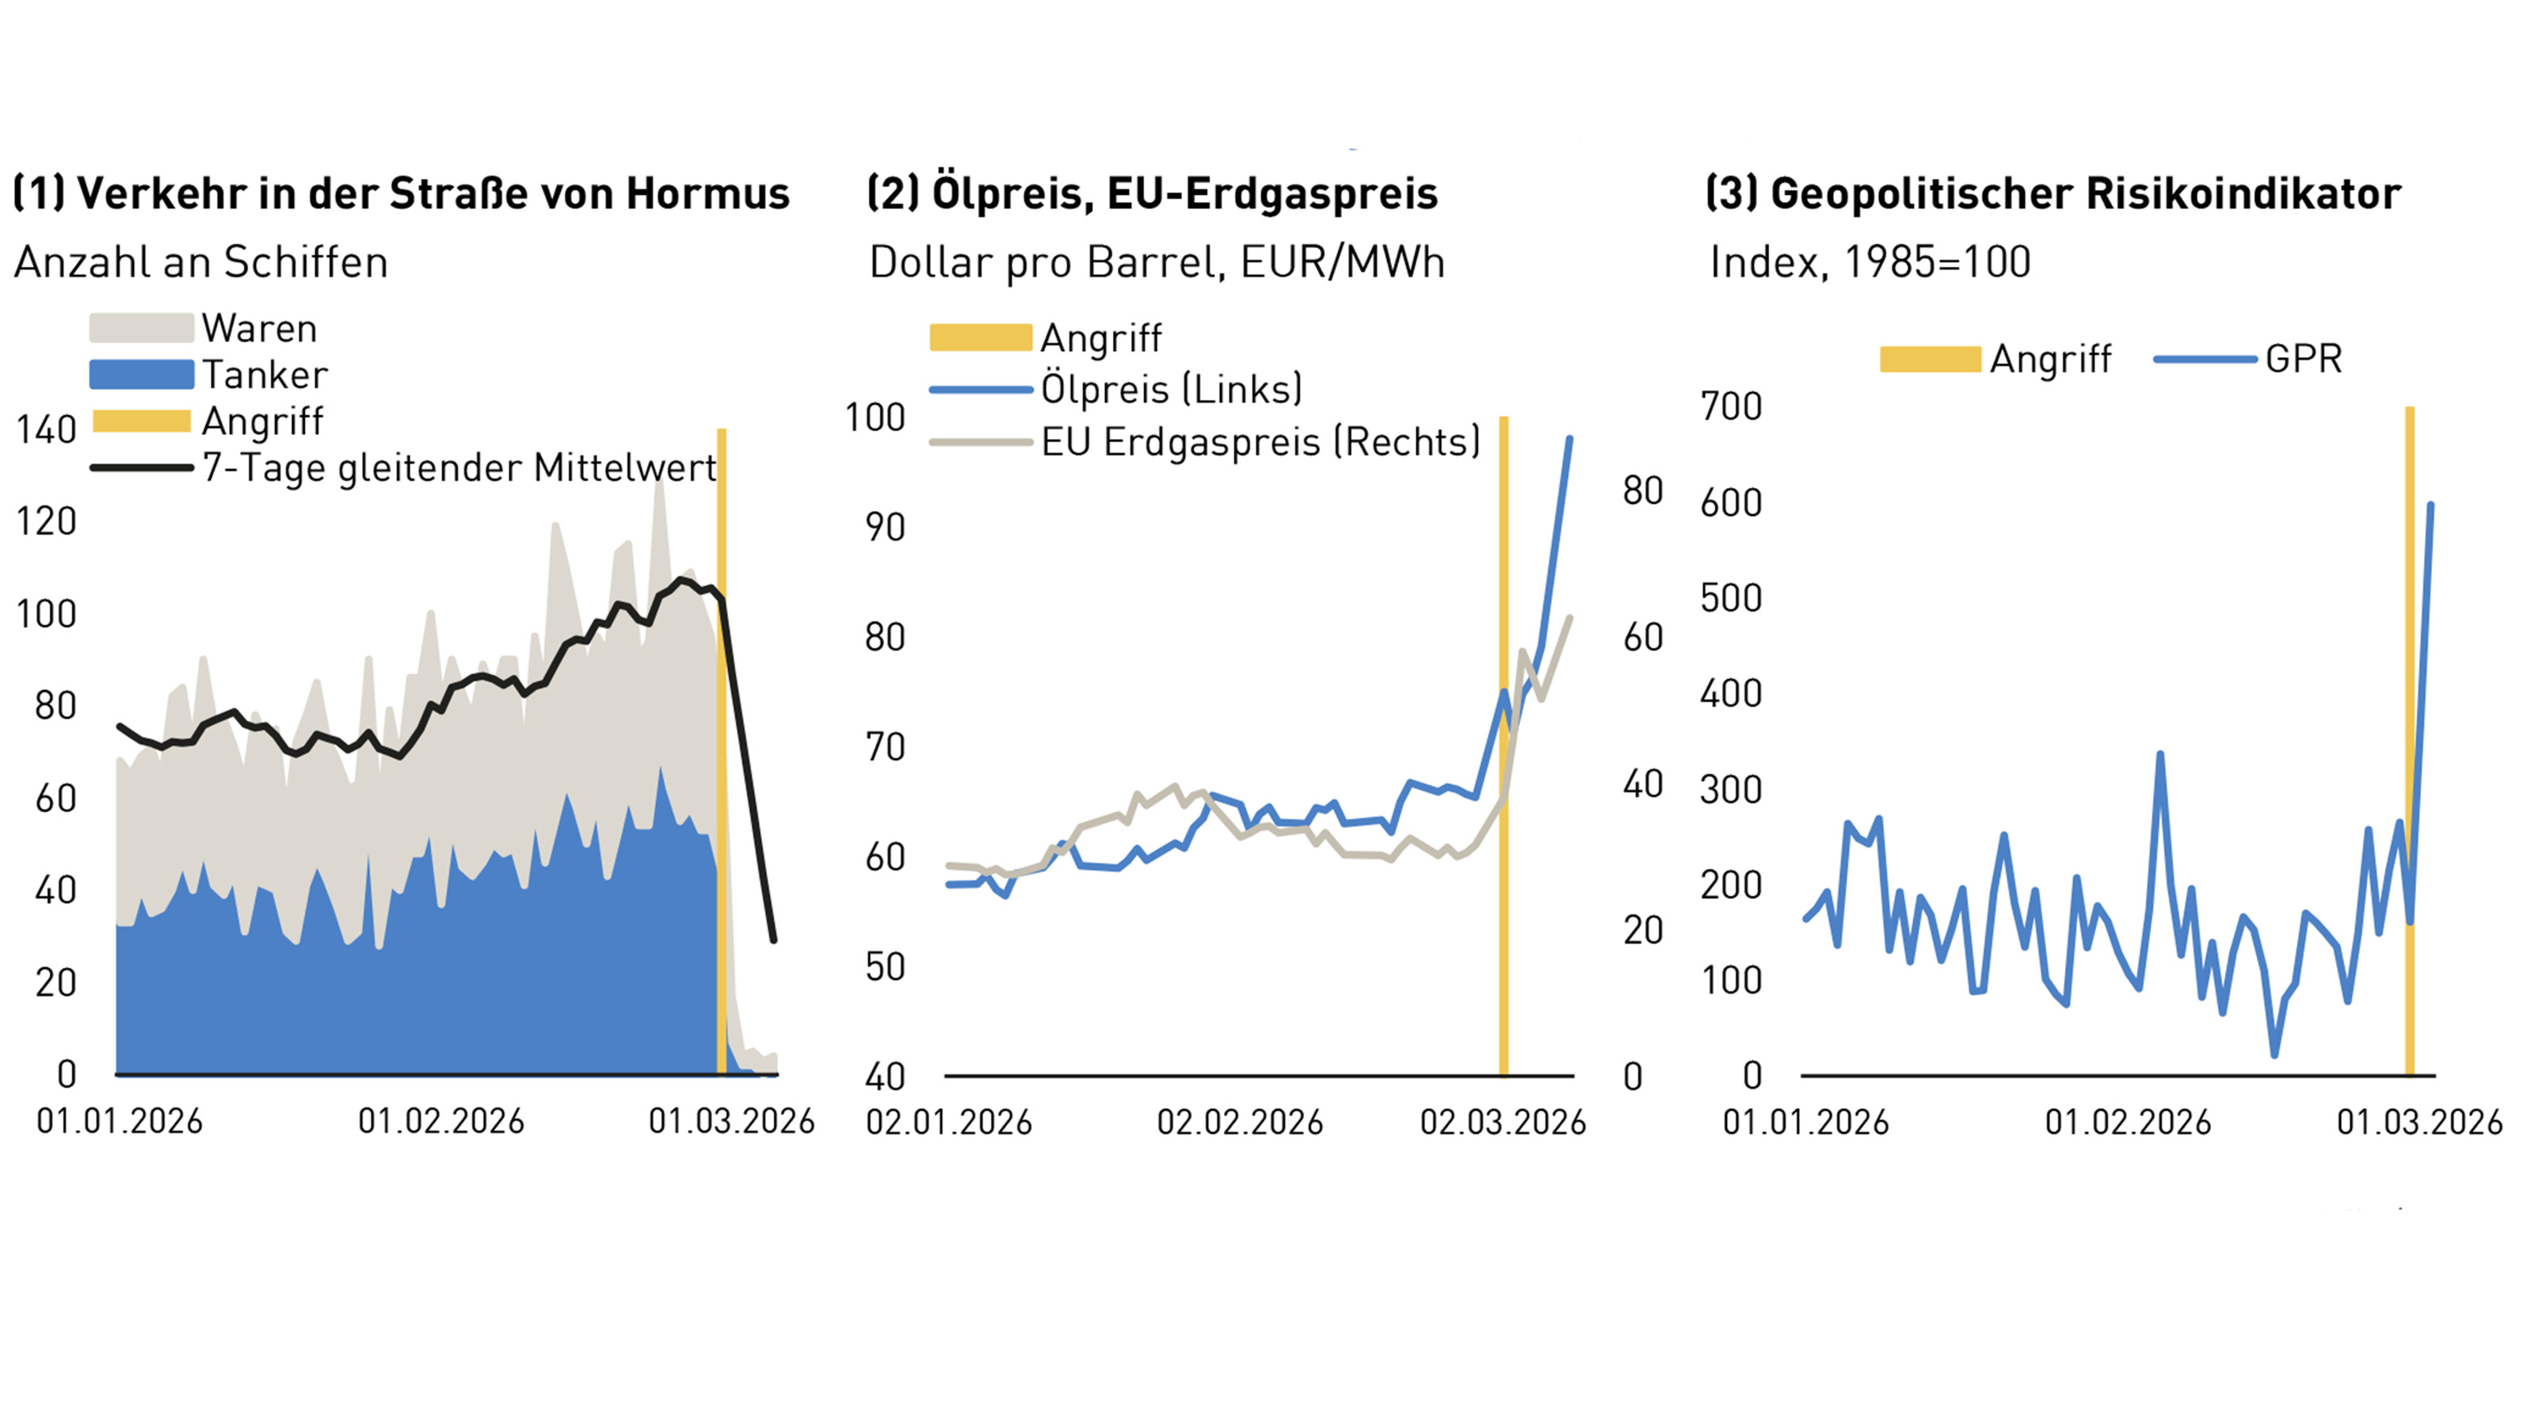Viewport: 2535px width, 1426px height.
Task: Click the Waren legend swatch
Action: coord(141,328)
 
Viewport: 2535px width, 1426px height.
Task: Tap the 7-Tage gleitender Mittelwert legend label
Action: coord(459,467)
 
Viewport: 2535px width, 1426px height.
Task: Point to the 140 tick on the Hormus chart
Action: coord(45,430)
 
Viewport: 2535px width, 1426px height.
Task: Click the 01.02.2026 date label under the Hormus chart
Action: coord(441,1121)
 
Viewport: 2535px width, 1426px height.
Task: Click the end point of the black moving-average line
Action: coord(773,940)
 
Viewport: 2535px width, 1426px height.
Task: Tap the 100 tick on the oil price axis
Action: coord(874,418)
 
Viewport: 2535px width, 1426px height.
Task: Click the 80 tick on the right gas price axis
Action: coord(1642,490)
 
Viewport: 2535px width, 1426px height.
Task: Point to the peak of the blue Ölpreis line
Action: coord(1569,439)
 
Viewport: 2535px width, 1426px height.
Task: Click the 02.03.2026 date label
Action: coord(1502,1122)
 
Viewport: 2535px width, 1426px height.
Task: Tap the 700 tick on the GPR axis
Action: coord(1731,406)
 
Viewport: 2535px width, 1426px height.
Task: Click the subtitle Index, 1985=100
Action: coord(1870,261)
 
